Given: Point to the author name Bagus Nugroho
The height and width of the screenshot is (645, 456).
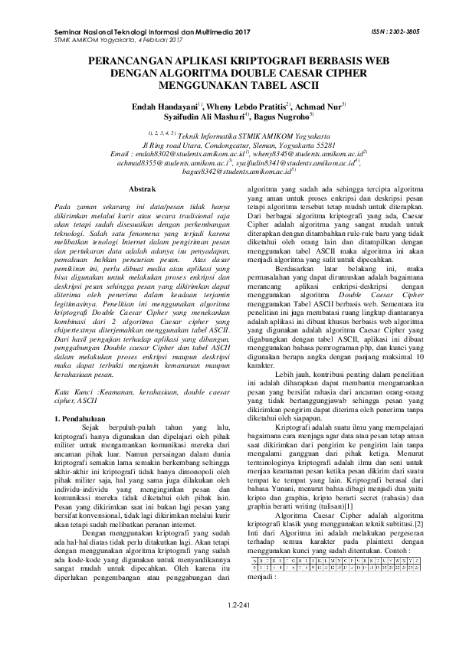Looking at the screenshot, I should point(280,118).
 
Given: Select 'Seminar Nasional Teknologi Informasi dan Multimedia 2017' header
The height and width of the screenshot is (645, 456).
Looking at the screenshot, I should point(153,31).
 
